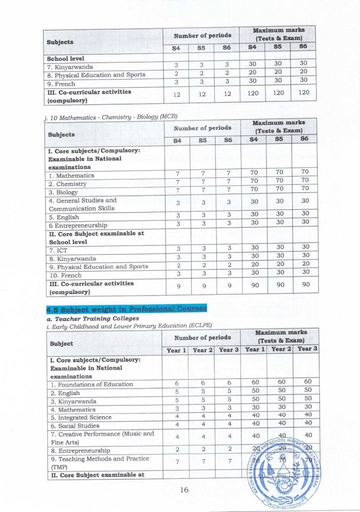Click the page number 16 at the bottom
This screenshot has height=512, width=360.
click(x=183, y=490)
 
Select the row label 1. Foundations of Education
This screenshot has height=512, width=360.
click(x=91, y=384)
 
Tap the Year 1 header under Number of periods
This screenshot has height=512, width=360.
click(x=174, y=350)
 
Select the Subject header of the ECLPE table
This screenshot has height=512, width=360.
click(x=61, y=344)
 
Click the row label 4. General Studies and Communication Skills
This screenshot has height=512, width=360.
click(x=82, y=204)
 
